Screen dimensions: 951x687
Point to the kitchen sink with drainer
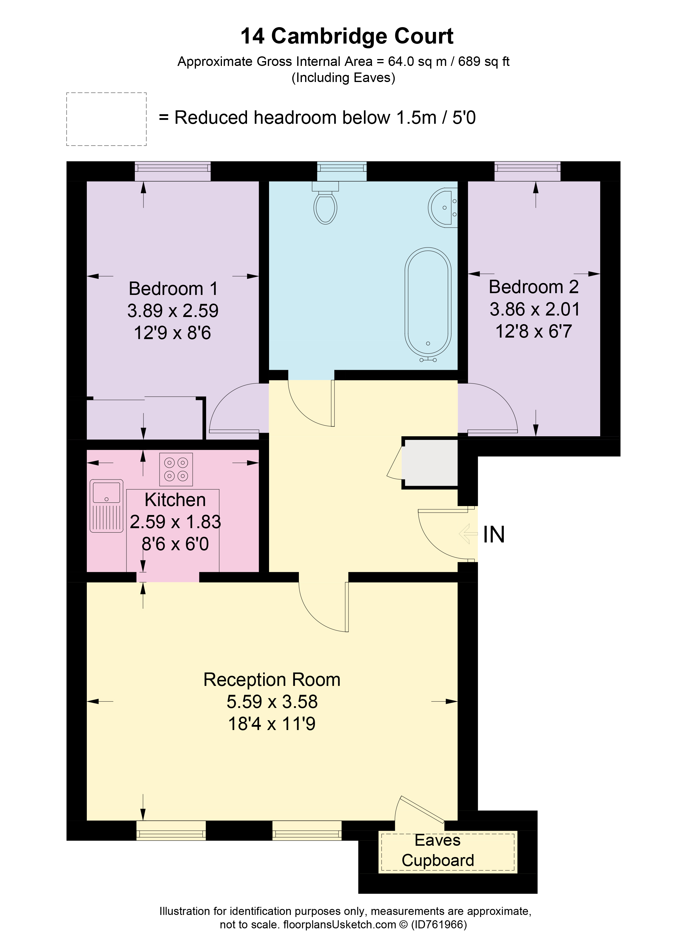(x=106, y=506)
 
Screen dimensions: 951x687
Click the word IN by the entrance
(x=494, y=535)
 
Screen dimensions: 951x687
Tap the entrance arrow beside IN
(x=468, y=534)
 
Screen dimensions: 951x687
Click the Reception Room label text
(x=272, y=680)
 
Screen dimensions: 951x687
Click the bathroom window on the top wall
(x=341, y=171)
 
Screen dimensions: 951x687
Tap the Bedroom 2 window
(x=527, y=171)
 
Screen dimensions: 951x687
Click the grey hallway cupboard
(x=430, y=463)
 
